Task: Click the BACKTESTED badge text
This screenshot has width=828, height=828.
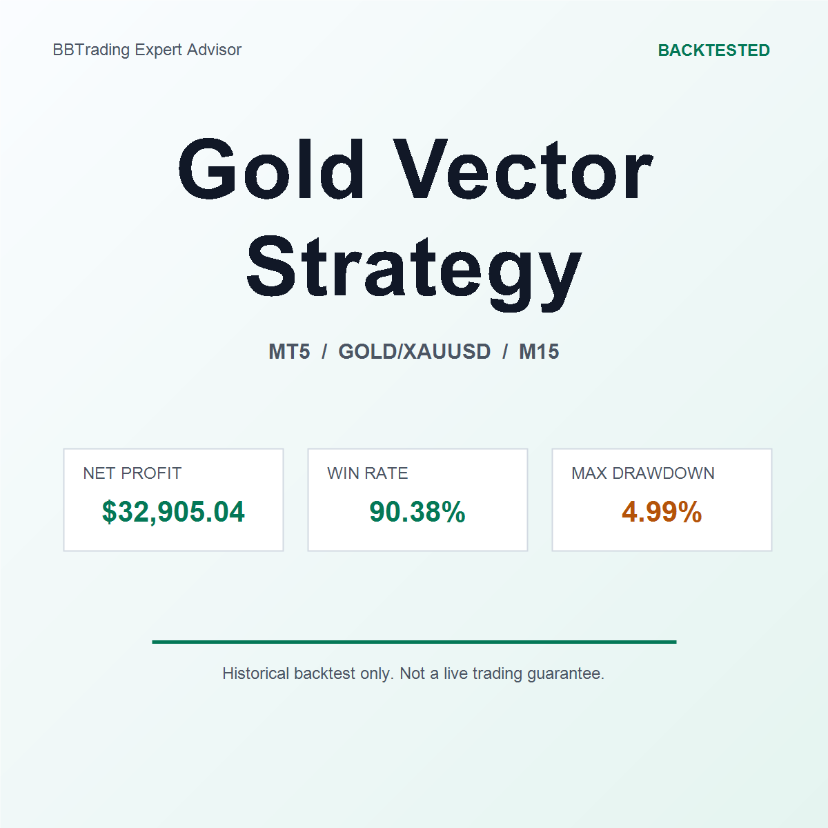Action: click(713, 50)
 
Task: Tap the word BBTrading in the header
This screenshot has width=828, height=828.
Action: click(91, 50)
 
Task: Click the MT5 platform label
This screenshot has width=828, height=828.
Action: click(289, 351)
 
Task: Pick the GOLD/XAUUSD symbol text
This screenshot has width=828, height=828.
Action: click(414, 351)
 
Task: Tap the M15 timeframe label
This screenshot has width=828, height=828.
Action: click(539, 351)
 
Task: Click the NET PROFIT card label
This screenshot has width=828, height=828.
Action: click(132, 473)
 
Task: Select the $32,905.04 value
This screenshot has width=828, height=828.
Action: click(173, 512)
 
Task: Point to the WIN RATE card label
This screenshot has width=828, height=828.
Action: click(367, 473)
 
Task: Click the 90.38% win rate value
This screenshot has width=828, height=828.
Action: click(417, 512)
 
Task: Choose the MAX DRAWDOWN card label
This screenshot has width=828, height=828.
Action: click(643, 473)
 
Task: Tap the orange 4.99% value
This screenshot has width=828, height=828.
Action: click(662, 512)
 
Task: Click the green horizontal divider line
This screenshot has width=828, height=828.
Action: click(414, 642)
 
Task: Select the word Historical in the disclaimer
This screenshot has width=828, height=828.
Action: click(256, 673)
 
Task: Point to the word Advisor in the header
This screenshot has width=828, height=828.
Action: click(214, 50)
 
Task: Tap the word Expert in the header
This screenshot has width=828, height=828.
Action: click(158, 50)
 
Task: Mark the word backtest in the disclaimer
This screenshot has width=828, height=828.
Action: click(325, 673)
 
